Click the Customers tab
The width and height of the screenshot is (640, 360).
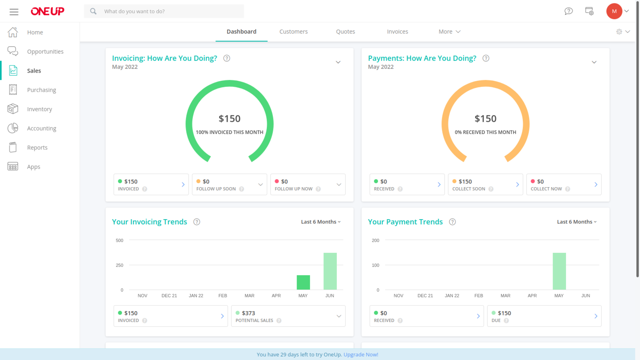pos(293,32)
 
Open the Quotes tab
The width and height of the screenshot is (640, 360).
pos(345,32)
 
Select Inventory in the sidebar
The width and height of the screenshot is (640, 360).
pos(39,109)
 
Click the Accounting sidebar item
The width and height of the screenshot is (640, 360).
pos(41,128)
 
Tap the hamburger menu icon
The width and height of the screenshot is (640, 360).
pos(14,12)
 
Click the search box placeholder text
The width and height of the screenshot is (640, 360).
pos(134,11)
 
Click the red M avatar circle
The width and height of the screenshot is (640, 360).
pos(614,11)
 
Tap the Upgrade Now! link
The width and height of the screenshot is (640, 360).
pos(361,354)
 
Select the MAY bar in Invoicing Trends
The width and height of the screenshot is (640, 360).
pos(303,282)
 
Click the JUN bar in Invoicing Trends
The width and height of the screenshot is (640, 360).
pos(330,271)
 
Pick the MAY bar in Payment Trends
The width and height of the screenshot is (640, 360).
pos(559,271)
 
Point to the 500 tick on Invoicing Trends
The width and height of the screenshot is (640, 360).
pos(119,240)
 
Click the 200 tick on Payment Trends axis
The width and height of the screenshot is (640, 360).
pos(375,240)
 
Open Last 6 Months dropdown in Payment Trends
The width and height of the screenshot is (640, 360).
pos(576,222)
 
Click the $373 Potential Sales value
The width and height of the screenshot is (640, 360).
pos(248,313)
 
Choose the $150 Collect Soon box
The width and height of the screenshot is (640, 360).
pos(485,185)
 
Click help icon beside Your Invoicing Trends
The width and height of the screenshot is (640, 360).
pos(197,222)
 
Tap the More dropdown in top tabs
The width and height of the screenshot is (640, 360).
pos(449,32)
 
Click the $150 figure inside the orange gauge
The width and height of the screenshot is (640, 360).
pos(485,118)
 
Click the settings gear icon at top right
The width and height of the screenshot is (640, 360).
pos(619,32)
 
